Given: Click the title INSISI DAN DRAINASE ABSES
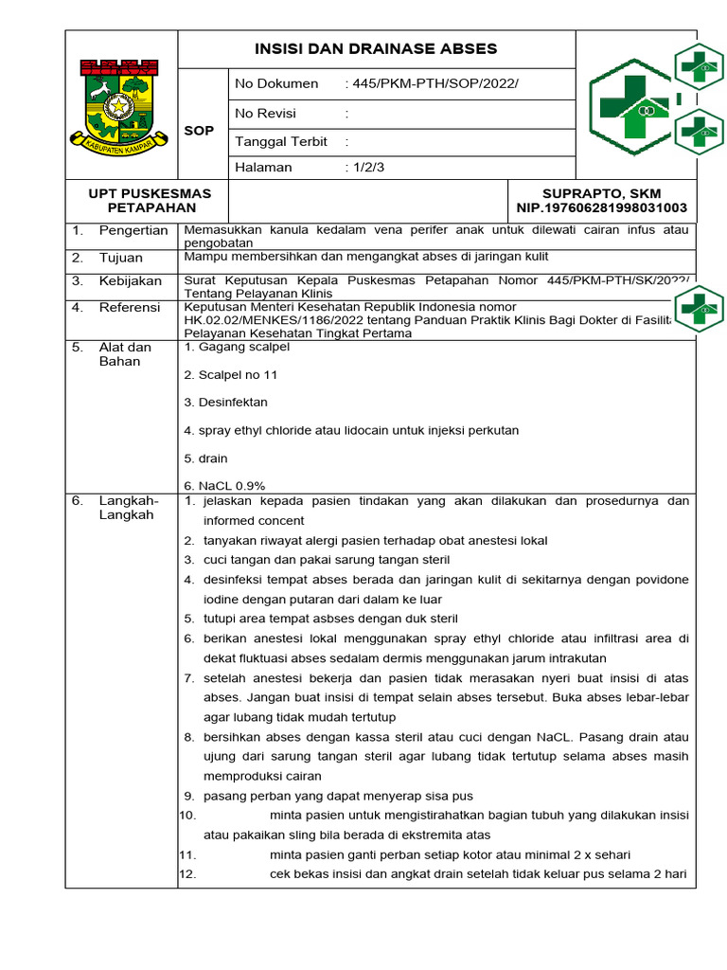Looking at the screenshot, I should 376,48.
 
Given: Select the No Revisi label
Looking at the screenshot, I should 265,113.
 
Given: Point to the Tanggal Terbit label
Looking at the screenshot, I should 281,141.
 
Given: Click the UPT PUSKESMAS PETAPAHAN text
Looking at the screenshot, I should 150,200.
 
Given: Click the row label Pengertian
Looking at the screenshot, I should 133,230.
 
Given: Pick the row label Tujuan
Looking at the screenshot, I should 121,258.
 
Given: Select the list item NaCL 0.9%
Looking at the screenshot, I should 225,485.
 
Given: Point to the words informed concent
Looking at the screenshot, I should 254,521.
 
